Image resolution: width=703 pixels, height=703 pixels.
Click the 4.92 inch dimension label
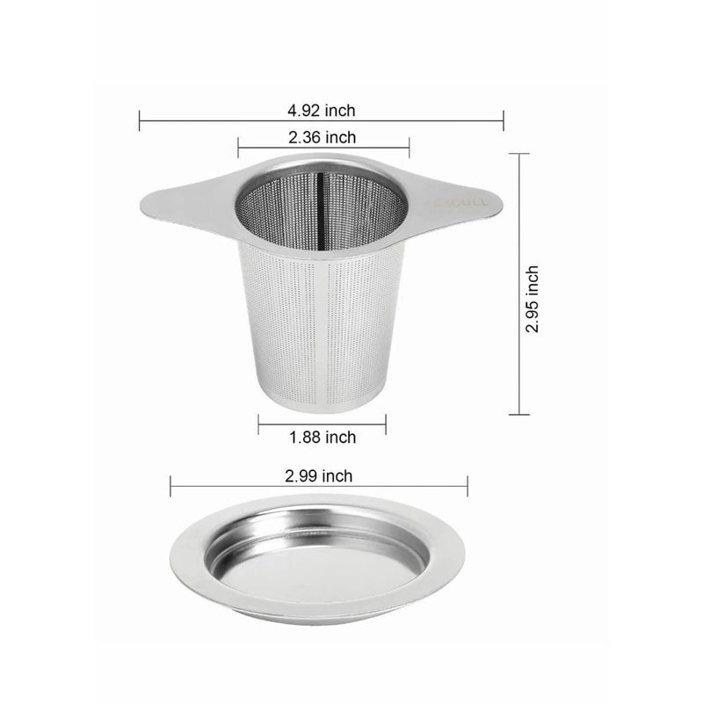322,111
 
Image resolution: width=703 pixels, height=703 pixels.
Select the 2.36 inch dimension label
322,137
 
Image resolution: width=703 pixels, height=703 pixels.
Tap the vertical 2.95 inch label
533,300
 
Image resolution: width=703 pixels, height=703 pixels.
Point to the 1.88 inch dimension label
322,437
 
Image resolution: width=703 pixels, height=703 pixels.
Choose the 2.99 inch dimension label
319,476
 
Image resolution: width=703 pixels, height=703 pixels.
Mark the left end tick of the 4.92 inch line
140,120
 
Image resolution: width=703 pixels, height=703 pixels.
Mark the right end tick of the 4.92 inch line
504,120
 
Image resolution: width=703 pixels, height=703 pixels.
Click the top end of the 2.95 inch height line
519,154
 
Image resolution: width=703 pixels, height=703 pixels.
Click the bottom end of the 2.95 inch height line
519,414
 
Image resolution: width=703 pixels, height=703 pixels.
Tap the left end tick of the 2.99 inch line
170,486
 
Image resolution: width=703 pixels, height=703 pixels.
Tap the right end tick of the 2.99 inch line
467,486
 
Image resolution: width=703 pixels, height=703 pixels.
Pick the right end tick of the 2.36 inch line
409,146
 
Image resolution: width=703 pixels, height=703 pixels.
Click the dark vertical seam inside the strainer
322,202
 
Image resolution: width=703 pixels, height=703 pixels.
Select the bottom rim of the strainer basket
322,406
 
